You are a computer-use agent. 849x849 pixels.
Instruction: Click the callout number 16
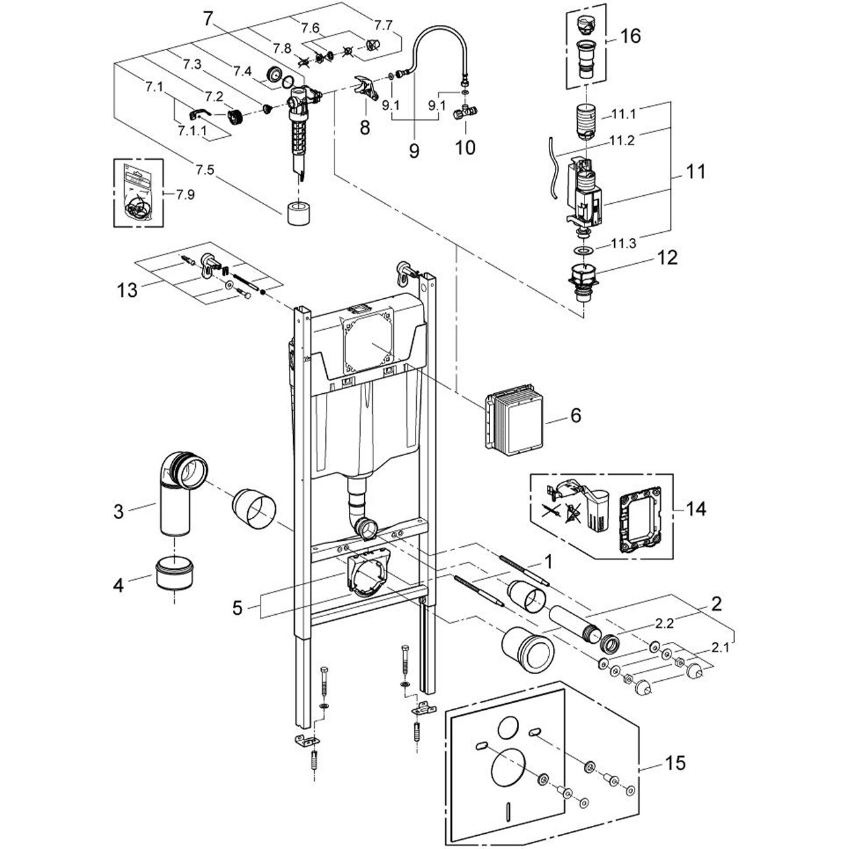click(x=631, y=36)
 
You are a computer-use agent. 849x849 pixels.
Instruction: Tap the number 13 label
click(x=129, y=290)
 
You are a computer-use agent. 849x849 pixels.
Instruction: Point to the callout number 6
click(x=576, y=416)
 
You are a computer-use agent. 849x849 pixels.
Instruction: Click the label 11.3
click(x=623, y=243)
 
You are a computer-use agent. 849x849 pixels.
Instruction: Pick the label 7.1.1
click(x=192, y=131)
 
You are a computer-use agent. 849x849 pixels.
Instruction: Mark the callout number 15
click(x=676, y=763)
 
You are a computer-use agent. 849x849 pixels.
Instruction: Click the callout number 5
click(x=238, y=607)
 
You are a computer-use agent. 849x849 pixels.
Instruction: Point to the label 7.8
click(x=282, y=48)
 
